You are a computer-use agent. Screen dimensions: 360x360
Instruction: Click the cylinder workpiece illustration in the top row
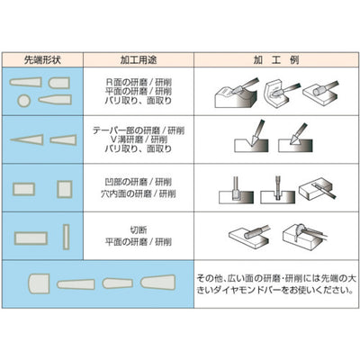coord(319,94)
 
